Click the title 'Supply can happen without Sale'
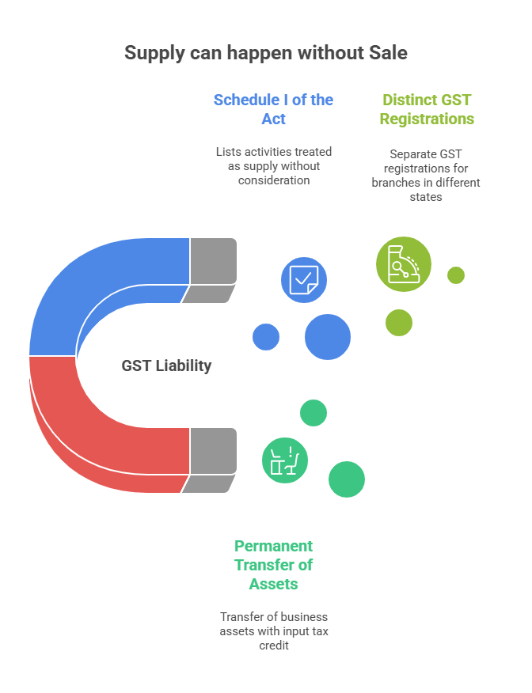point(266,53)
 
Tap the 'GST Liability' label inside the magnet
point(166,365)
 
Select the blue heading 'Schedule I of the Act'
point(273,109)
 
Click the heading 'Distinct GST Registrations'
point(427,109)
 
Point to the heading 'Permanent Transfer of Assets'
point(273,565)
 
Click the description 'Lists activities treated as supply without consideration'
point(273,165)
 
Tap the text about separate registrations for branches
point(426,176)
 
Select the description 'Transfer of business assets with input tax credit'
point(273,631)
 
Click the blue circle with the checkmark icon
point(304,280)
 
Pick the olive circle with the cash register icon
point(404,264)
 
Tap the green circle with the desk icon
point(285,460)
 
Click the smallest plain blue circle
point(266,337)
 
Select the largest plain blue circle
point(328,337)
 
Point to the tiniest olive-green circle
point(455,275)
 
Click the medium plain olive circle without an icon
point(399,323)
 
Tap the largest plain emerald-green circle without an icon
point(347,479)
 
